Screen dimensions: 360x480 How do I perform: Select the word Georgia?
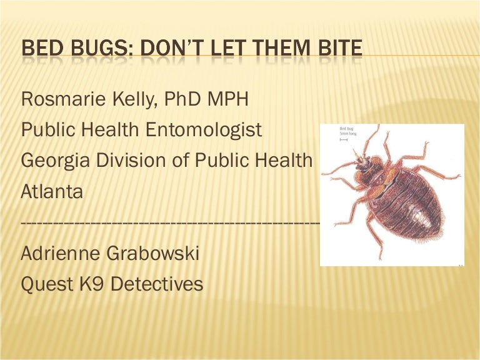coord(55,161)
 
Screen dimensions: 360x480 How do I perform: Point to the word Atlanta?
coord(52,191)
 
